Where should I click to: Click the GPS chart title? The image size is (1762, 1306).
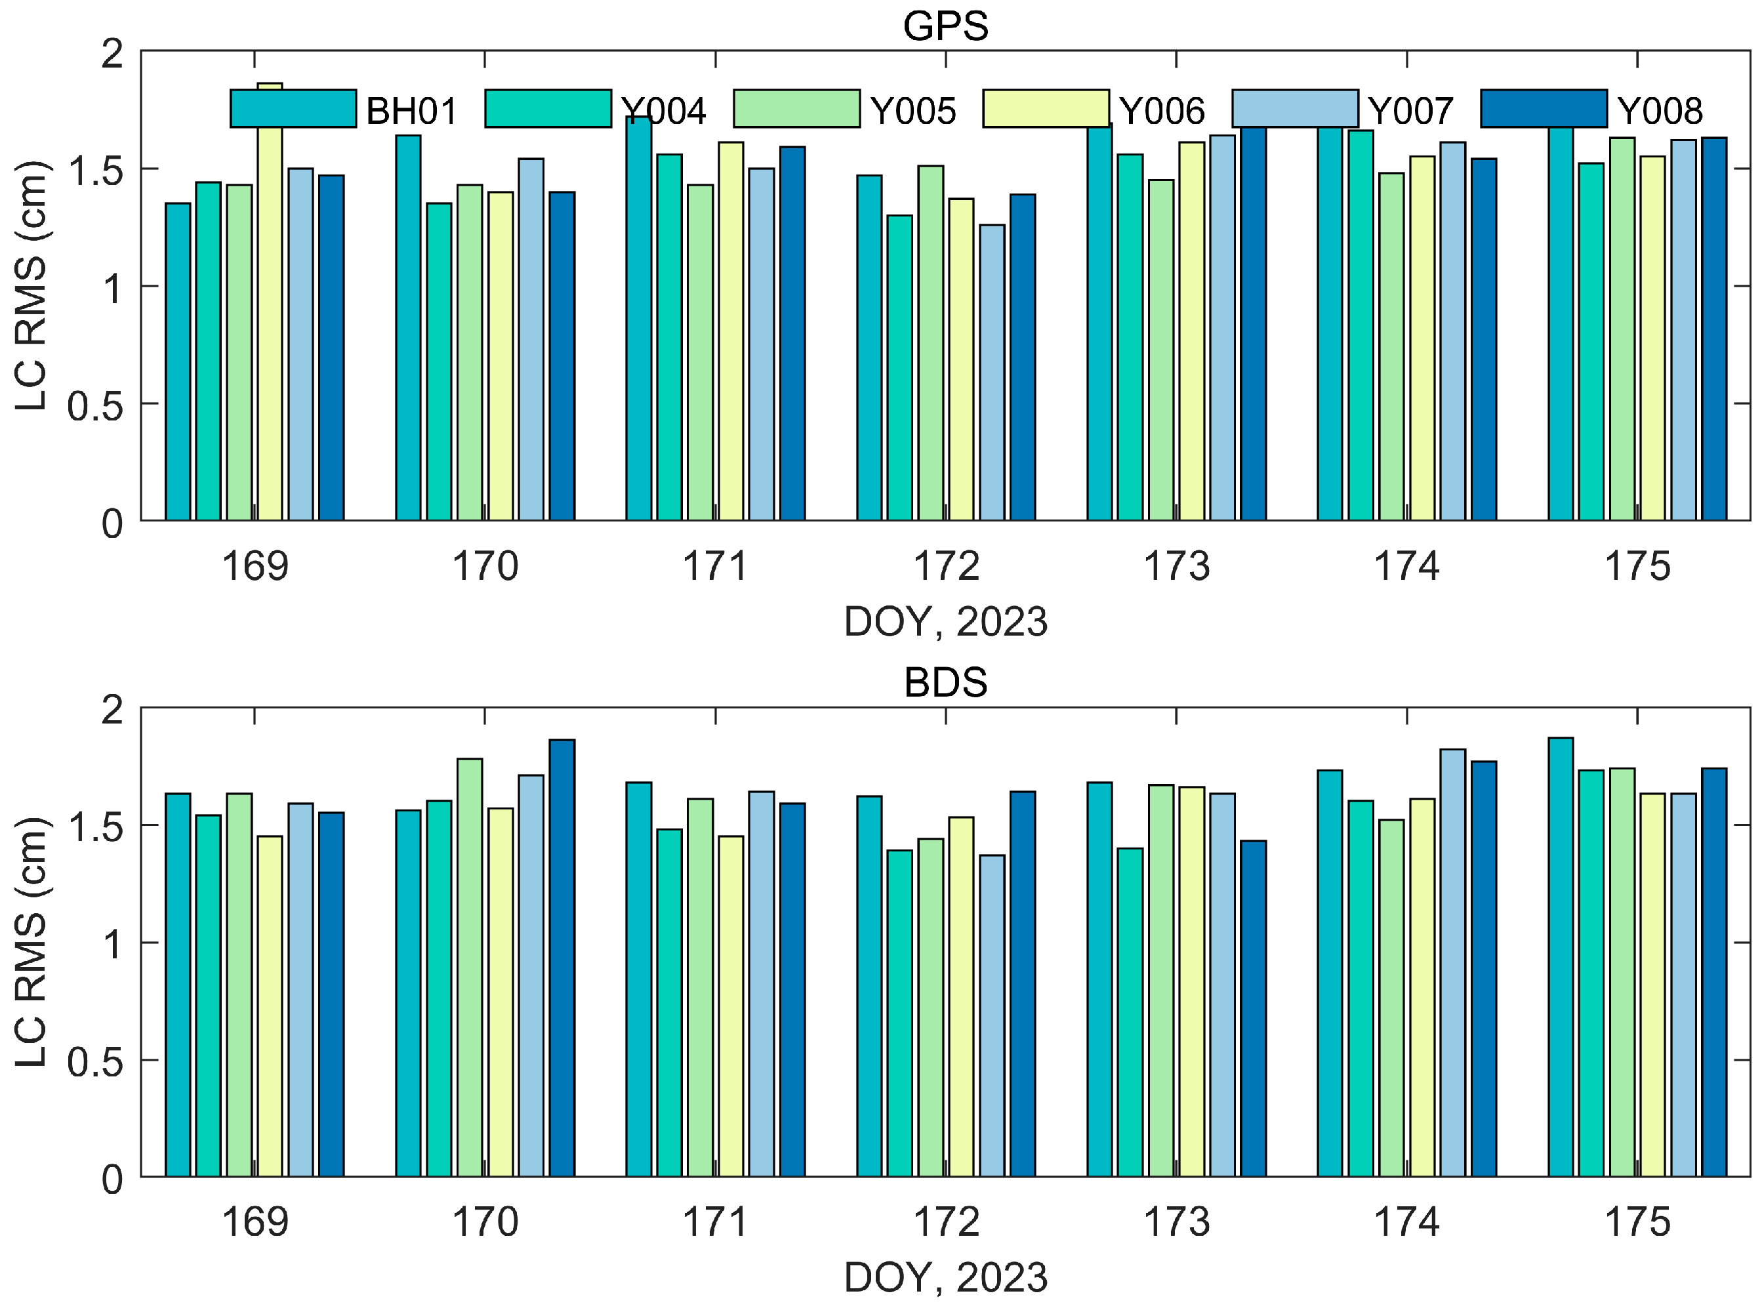(x=945, y=26)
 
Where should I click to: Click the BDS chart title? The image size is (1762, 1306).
(x=945, y=682)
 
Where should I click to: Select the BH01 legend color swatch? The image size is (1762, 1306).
(x=293, y=108)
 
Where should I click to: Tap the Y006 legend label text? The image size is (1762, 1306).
(x=1161, y=112)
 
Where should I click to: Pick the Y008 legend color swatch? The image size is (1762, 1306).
(x=1543, y=108)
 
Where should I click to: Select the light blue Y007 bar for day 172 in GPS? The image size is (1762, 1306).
(x=992, y=371)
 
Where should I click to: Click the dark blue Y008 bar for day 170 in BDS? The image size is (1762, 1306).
(x=562, y=956)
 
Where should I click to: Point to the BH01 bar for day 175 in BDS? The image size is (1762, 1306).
(x=1561, y=956)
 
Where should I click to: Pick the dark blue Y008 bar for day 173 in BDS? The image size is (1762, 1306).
(x=1253, y=1008)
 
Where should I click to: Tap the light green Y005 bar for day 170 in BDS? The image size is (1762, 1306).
(x=470, y=968)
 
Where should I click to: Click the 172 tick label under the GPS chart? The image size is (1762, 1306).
(x=945, y=566)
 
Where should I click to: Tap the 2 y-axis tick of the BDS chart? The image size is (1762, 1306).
(x=112, y=710)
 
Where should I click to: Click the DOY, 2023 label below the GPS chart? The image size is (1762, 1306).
(x=945, y=621)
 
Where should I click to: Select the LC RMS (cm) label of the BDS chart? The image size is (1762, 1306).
(x=31, y=943)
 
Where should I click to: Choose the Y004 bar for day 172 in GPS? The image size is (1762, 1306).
(x=899, y=367)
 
